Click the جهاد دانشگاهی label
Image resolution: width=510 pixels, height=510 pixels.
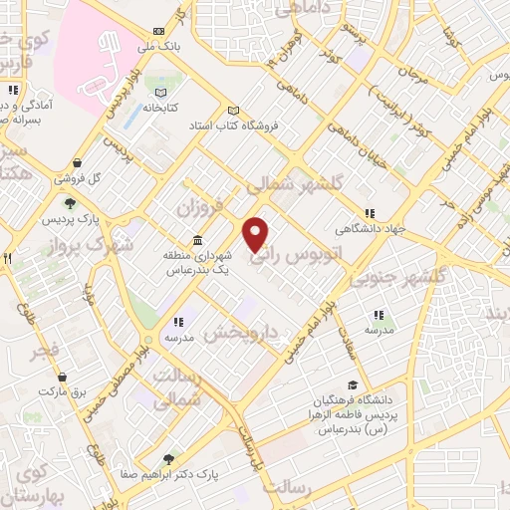click(x=399, y=228)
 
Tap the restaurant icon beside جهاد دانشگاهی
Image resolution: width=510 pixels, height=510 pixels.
click(x=371, y=213)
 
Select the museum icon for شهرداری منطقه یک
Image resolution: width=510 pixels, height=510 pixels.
click(x=197, y=241)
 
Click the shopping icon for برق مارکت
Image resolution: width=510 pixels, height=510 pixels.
click(x=64, y=379)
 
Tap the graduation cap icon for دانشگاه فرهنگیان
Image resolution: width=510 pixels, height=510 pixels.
click(x=352, y=384)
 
